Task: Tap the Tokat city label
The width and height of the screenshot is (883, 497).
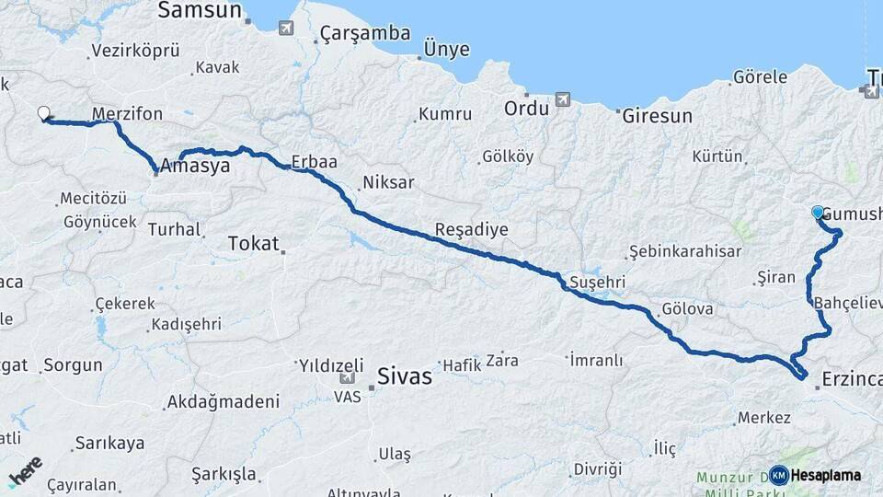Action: tap(252, 243)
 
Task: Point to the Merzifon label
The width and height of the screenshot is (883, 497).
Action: tap(128, 114)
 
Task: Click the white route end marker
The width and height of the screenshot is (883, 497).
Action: tap(43, 113)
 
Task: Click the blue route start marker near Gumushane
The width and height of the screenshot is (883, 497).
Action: tap(818, 213)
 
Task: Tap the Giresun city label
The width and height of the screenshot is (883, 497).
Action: tap(657, 117)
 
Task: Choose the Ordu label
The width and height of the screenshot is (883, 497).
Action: tap(526, 109)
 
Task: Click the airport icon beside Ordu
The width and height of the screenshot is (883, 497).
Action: tap(563, 99)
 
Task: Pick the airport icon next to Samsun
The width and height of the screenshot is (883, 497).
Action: tap(286, 28)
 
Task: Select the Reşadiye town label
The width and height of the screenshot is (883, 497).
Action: tap(471, 229)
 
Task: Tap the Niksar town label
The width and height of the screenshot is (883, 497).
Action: tap(388, 182)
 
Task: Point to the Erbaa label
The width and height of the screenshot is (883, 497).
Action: tap(314, 161)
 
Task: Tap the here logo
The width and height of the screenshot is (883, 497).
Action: tap(25, 471)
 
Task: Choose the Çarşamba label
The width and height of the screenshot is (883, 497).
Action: tap(364, 34)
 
